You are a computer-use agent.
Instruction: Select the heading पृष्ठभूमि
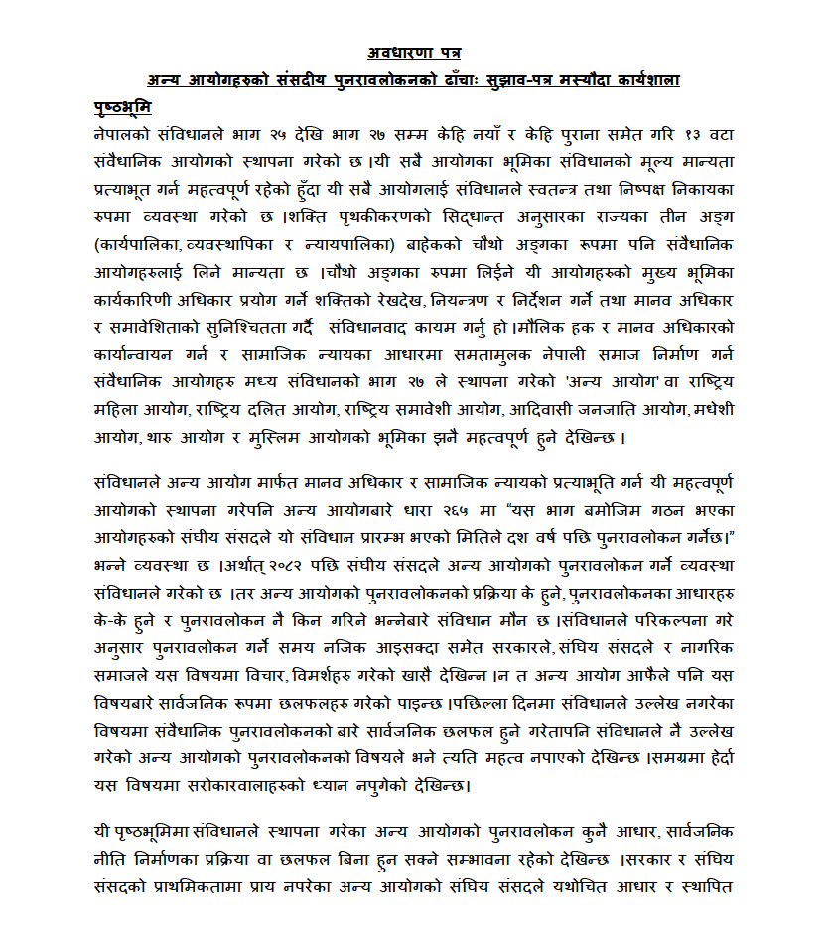coord(124,105)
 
